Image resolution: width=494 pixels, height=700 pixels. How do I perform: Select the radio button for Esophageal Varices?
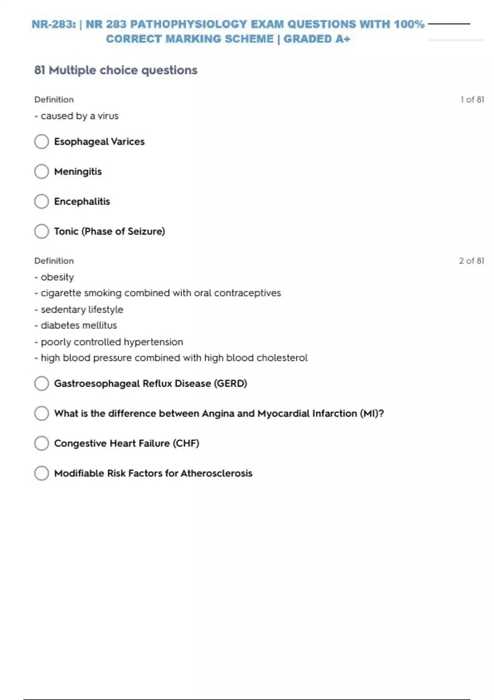pos(42,142)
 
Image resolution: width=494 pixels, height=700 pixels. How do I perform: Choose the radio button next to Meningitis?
pos(42,171)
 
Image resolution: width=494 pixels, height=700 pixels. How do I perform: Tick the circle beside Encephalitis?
pos(42,201)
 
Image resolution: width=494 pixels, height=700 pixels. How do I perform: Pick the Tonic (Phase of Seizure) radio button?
pos(42,231)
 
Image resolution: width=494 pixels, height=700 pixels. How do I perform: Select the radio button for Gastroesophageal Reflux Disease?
pos(42,383)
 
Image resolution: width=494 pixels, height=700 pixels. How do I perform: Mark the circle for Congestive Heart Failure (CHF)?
pos(42,443)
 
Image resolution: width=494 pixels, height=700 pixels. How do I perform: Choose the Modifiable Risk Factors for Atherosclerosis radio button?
pos(42,473)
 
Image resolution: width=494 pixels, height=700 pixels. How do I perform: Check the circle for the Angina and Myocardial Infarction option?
pos(42,413)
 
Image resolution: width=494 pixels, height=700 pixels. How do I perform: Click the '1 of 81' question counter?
pos(472,100)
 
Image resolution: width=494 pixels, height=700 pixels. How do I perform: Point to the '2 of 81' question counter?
pos(471,261)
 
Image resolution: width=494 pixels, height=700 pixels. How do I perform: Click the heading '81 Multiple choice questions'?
pos(116,70)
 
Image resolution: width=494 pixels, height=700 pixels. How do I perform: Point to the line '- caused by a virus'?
pos(77,116)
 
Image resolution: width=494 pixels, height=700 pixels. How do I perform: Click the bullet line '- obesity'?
pos(54,277)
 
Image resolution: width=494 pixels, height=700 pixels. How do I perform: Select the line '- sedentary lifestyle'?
pos(79,310)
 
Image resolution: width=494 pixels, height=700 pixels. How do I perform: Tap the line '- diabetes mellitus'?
pos(76,325)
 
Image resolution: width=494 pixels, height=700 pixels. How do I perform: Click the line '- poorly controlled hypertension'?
pos(109,342)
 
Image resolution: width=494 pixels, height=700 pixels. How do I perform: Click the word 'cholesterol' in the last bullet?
pos(282,358)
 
